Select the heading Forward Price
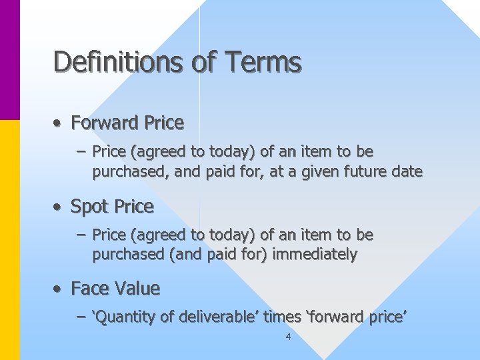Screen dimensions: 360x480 [127, 123]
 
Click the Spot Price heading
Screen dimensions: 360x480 [112, 207]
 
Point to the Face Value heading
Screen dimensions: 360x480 [115, 289]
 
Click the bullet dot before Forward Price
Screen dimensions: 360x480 [59, 123]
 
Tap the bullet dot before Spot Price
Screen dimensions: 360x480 [59, 207]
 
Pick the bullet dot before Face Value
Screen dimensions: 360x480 [59, 289]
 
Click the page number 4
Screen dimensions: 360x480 [287, 337]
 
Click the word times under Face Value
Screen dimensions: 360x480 [282, 317]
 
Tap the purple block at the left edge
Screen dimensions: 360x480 [10, 60]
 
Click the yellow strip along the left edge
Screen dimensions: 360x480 [10, 240]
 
